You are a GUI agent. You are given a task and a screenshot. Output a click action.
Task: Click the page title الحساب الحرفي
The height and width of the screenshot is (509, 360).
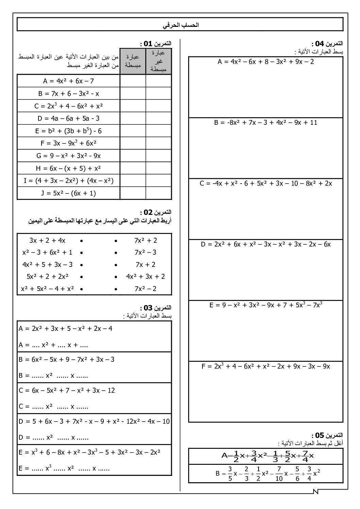pyautogui.click(x=180, y=25)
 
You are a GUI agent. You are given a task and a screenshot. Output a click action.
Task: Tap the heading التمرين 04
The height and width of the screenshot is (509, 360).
pyautogui.click(x=327, y=44)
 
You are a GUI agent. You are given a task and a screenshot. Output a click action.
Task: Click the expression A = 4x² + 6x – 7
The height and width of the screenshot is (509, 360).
pyautogui.click(x=68, y=81)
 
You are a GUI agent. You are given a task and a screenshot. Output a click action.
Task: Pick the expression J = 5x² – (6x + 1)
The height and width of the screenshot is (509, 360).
pyautogui.click(x=68, y=193)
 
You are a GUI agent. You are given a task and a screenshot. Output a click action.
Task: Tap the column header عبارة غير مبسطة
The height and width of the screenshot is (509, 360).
pyautogui.click(x=159, y=61)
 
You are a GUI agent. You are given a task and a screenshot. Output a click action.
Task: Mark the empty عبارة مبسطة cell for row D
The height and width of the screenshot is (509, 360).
pyautogui.click(x=133, y=118)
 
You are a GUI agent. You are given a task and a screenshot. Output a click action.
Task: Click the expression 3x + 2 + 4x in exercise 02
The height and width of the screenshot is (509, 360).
pyautogui.click(x=47, y=240)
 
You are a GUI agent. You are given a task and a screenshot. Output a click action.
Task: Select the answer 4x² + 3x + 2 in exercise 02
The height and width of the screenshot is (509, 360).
pyautogui.click(x=145, y=276)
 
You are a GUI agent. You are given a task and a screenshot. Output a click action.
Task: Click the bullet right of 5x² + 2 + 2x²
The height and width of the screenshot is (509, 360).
pyautogui.click(x=81, y=277)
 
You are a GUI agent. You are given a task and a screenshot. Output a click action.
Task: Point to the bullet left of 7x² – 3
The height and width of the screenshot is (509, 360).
pyautogui.click(x=116, y=253)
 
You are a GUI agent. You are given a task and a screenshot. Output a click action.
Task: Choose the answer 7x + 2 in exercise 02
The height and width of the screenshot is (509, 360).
pyautogui.click(x=145, y=265)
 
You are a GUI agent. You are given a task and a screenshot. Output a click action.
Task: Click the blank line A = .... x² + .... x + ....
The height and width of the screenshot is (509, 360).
pyautogui.click(x=54, y=345)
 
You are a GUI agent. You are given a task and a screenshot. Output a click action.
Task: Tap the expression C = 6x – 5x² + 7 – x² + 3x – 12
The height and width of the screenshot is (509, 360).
pyautogui.click(x=67, y=390)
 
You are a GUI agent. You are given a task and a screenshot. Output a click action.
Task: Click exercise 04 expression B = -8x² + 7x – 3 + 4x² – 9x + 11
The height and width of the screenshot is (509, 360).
pyautogui.click(x=266, y=122)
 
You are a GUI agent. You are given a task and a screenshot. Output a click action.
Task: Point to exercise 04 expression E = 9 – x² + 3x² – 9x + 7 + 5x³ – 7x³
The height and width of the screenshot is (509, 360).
pyautogui.click(x=266, y=305)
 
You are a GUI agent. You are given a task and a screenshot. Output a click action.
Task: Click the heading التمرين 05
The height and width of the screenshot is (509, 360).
pyautogui.click(x=327, y=435)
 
